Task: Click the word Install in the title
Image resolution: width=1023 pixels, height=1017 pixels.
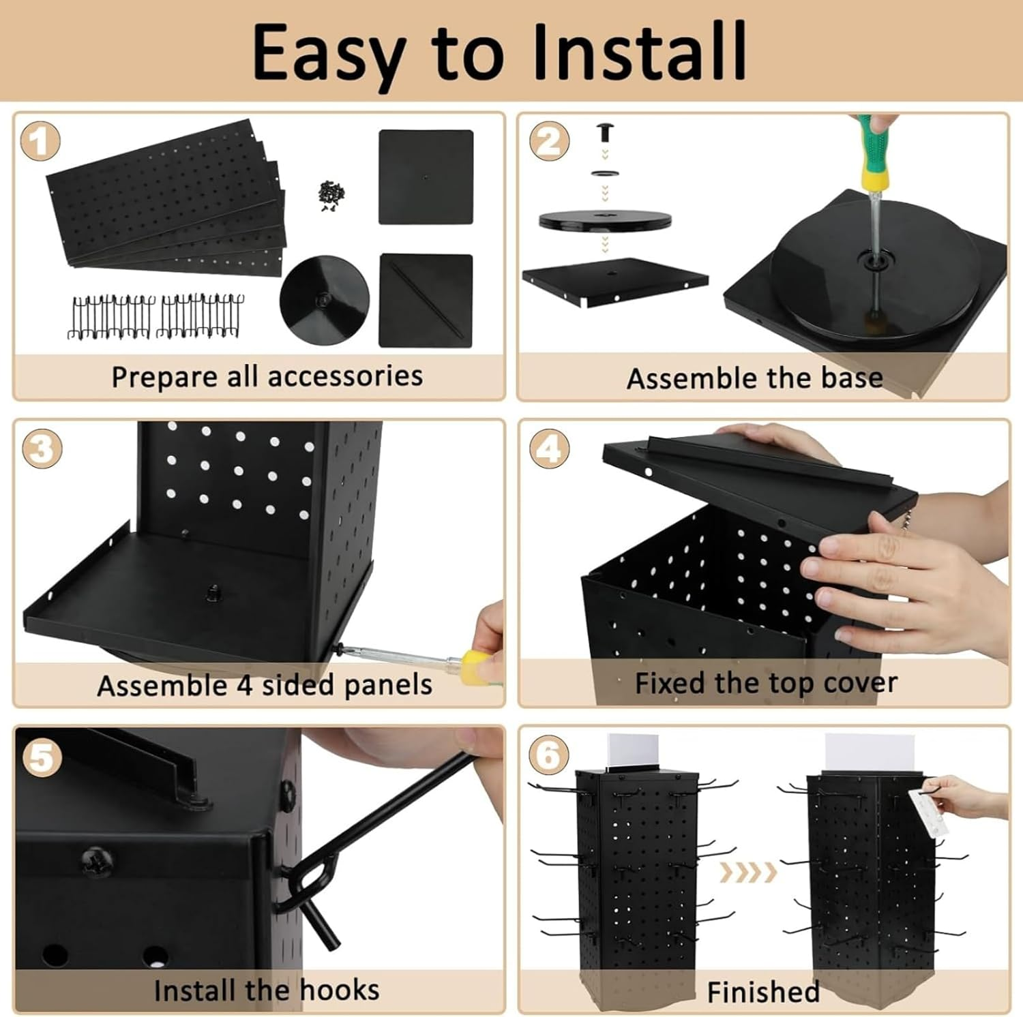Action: (x=639, y=52)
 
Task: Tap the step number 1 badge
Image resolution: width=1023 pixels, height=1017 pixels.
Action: (x=40, y=142)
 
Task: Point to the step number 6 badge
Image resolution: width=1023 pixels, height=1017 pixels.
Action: (x=549, y=755)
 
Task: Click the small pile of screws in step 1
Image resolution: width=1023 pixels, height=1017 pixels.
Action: (x=331, y=196)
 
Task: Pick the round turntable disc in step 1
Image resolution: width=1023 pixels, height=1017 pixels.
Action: (x=325, y=301)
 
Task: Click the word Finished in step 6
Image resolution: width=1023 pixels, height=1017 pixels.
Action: (x=762, y=992)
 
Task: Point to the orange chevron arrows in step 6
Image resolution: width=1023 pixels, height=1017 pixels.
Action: (x=749, y=871)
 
